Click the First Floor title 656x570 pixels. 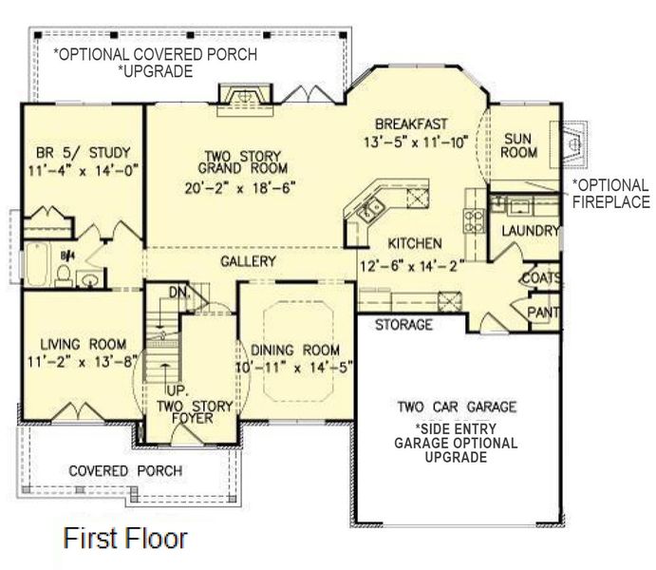tap(124, 539)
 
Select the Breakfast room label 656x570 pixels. tap(410, 123)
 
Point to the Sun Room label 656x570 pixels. tap(520, 144)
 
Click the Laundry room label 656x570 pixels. tap(530, 230)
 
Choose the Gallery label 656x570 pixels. tap(249, 261)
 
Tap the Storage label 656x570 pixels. tap(403, 325)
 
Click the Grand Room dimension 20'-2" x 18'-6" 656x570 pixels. tap(236, 187)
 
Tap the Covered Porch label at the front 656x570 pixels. tap(125, 470)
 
